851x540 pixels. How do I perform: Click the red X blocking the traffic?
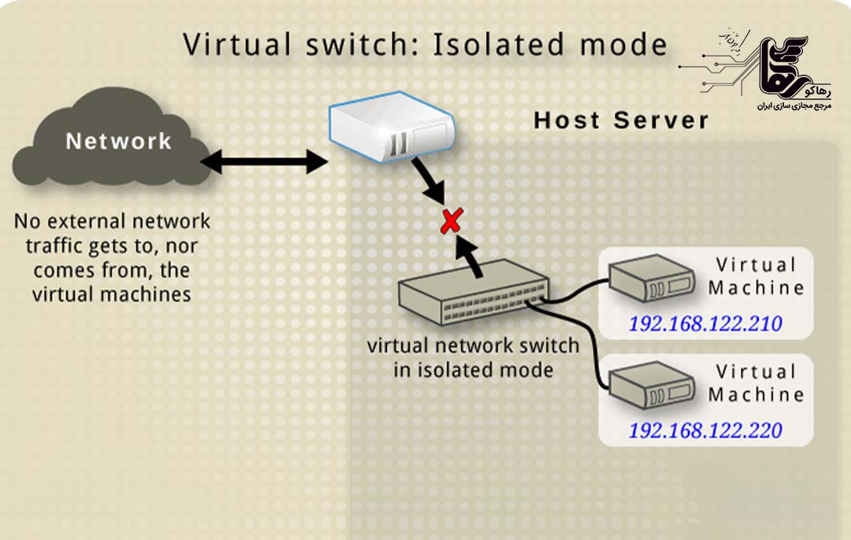451,221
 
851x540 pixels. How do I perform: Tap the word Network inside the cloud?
118,142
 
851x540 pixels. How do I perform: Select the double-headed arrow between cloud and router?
263,163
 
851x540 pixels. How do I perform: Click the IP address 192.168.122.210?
704,324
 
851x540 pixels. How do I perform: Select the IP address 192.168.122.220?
704,431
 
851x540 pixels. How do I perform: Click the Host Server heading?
621,120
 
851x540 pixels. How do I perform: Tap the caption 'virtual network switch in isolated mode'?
474,357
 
